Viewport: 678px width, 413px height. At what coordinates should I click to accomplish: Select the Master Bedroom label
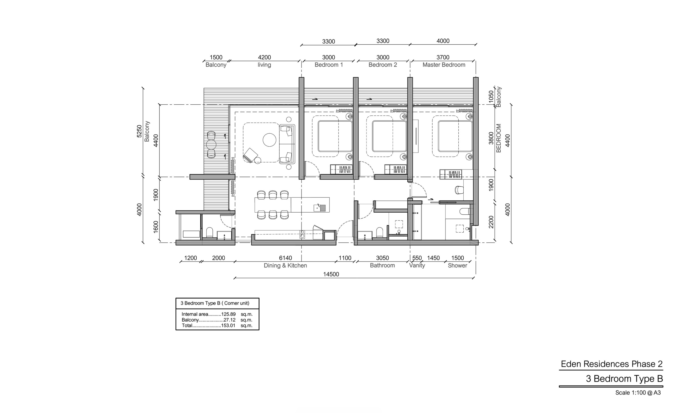[444, 65]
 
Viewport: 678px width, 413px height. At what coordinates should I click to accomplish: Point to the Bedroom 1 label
[329, 65]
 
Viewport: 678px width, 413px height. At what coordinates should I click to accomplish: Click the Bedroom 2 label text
[383, 65]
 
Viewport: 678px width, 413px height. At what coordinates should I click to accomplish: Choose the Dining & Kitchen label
[285, 266]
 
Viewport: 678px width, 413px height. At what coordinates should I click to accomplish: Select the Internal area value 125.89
[229, 314]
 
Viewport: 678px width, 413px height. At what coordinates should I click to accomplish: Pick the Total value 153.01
[228, 325]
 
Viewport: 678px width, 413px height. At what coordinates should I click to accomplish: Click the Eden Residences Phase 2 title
[612, 364]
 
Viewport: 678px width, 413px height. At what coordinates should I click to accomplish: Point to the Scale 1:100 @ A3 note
[638, 393]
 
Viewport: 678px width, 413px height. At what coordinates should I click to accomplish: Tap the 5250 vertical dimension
[139, 131]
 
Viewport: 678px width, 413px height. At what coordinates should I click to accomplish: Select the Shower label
[457, 266]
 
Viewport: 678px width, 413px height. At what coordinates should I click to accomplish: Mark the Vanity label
[417, 266]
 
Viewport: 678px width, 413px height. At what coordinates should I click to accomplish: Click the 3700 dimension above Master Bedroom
[443, 58]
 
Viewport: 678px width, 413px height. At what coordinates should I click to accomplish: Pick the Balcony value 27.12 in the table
[230, 320]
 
